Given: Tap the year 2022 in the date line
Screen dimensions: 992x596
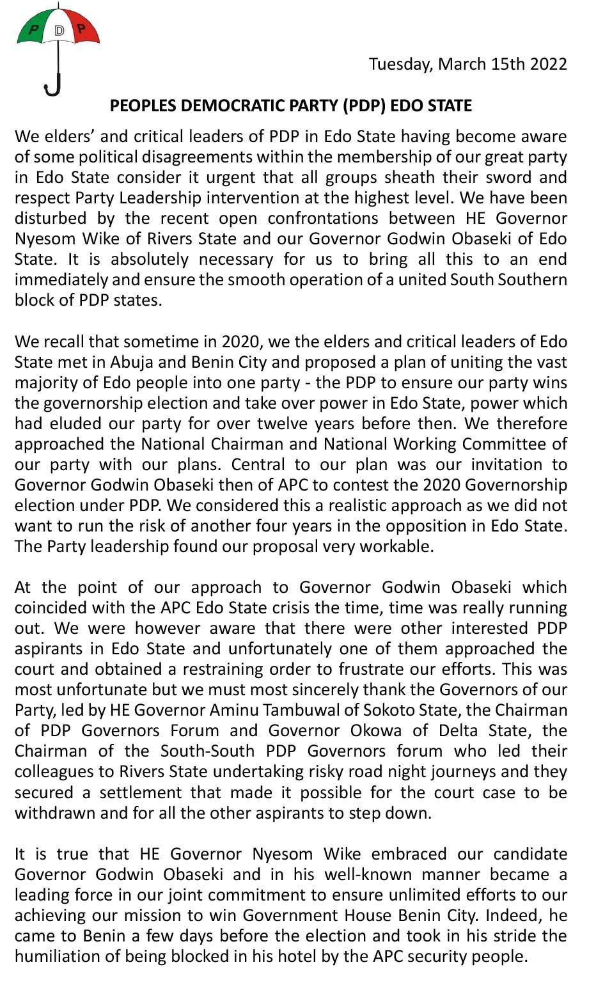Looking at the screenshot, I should click(x=547, y=64).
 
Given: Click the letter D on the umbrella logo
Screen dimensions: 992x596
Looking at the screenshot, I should click(x=59, y=30).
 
